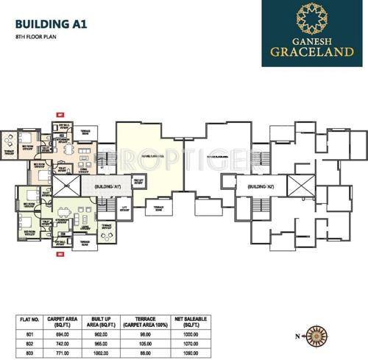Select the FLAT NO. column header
click(x=28, y=321)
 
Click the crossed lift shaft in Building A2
click(x=298, y=184)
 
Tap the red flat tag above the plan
click(x=60, y=115)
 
